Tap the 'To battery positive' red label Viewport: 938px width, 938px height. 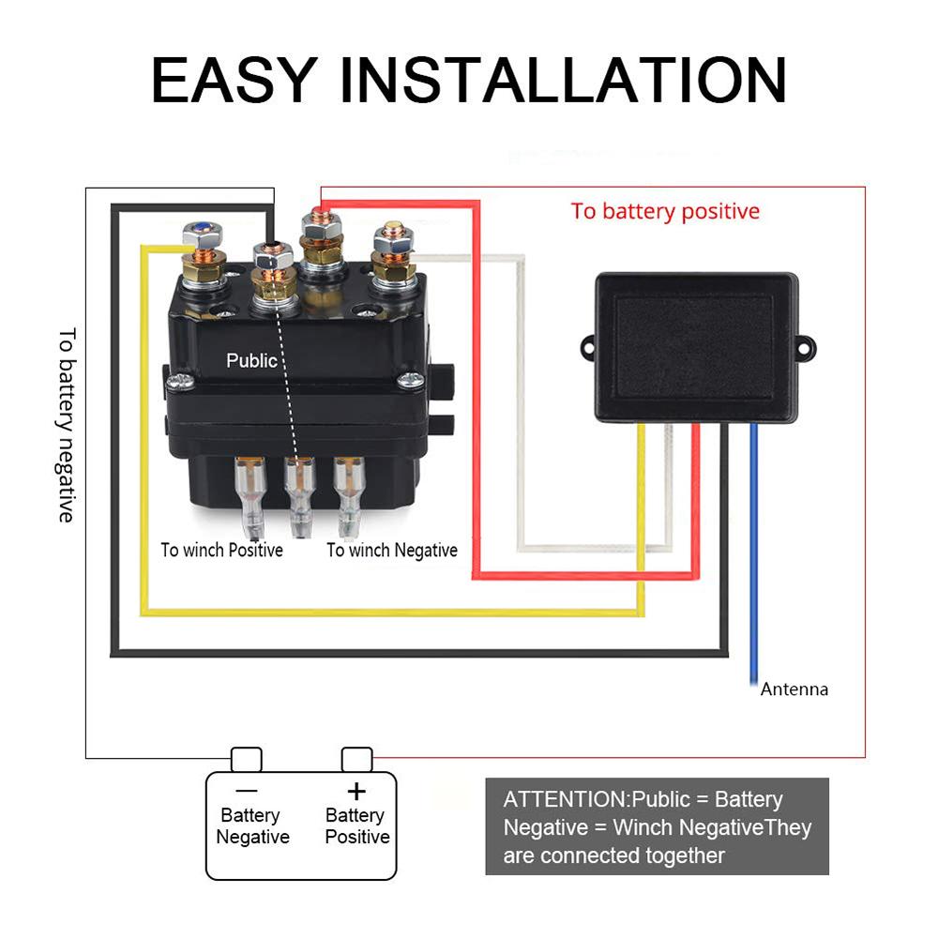tap(665, 211)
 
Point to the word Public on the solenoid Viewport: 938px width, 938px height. tap(251, 360)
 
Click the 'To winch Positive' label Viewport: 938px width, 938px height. tap(221, 551)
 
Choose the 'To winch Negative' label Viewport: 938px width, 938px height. tap(392, 551)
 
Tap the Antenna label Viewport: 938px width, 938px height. tap(794, 689)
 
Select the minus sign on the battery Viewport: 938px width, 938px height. tap(247, 791)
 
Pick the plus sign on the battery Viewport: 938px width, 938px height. tap(356, 791)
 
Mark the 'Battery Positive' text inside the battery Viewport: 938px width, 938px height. tap(356, 826)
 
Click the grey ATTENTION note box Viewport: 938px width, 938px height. tap(657, 826)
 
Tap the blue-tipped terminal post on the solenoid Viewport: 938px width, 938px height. tap(200, 229)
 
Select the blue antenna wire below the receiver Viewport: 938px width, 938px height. tap(753, 563)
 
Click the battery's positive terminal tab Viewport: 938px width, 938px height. tap(356, 758)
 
